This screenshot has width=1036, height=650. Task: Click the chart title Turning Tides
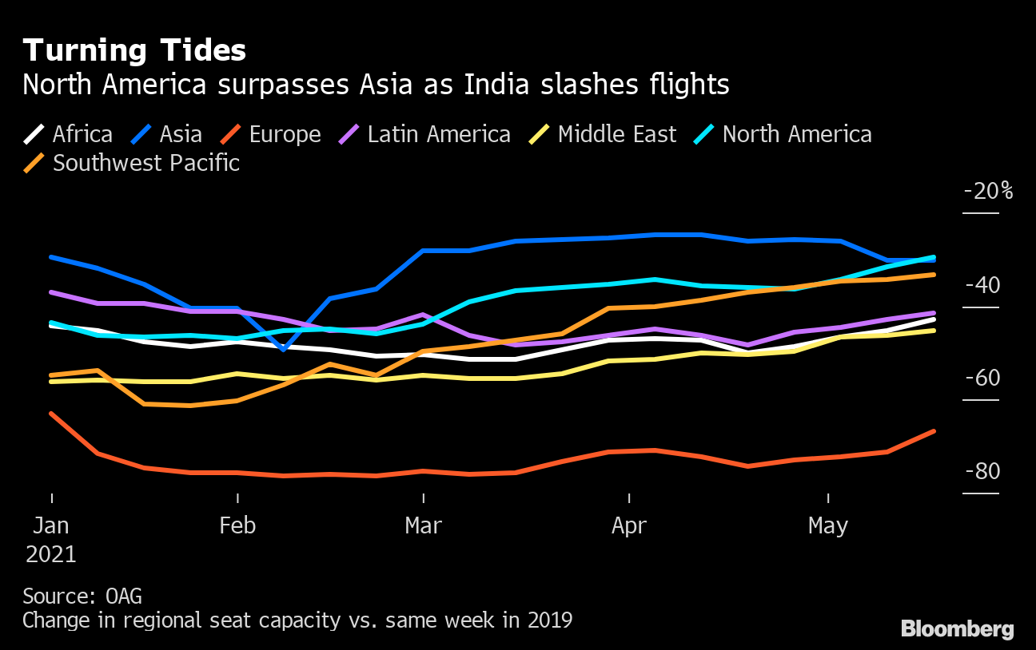click(134, 51)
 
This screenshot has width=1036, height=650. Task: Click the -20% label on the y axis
click(988, 192)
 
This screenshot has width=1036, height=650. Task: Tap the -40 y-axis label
click(982, 285)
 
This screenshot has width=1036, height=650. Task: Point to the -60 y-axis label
click(982, 378)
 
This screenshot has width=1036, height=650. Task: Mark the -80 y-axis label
click(982, 471)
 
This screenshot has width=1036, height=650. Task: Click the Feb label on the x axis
click(237, 526)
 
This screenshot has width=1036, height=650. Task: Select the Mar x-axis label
click(423, 526)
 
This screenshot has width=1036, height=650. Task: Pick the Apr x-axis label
click(629, 526)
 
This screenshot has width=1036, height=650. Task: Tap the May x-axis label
click(828, 526)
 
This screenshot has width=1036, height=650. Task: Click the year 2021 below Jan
click(51, 554)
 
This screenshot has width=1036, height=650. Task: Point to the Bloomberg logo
click(957, 629)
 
